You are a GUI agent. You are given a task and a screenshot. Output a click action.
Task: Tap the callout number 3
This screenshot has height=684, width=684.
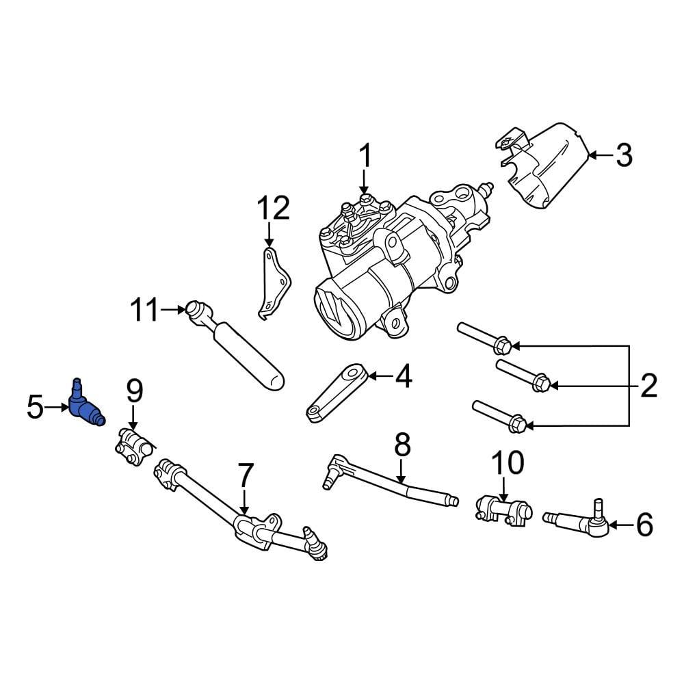[623, 156]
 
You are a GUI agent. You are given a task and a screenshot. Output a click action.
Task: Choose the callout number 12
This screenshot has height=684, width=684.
[273, 207]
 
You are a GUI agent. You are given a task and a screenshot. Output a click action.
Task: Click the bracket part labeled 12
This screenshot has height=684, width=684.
[273, 282]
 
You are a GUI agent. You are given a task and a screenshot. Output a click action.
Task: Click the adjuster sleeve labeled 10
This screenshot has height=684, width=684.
[503, 510]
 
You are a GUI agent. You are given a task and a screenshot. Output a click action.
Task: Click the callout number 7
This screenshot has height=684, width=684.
[245, 475]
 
